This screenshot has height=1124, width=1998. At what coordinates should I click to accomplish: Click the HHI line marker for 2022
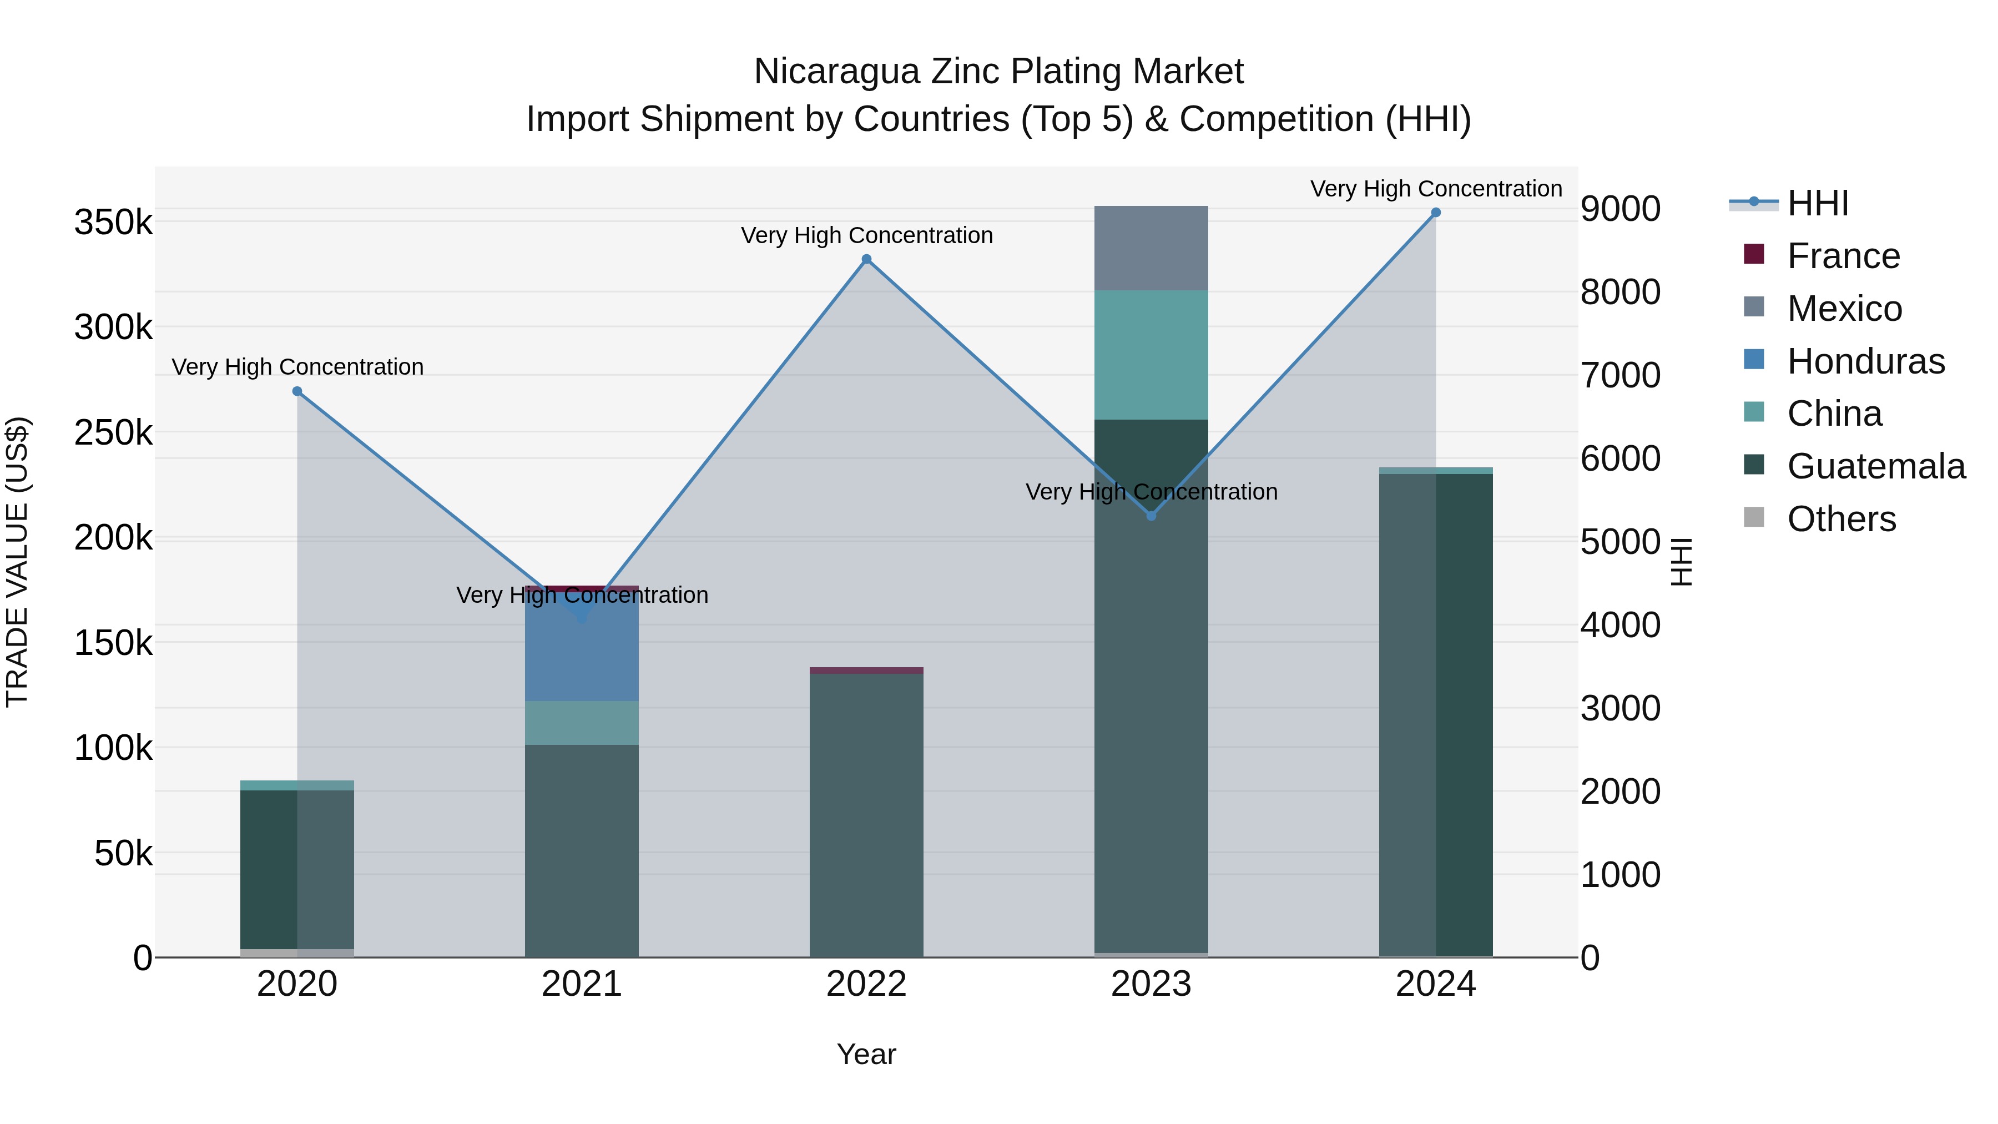point(866,260)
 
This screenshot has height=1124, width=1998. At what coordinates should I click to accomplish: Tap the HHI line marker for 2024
point(1436,213)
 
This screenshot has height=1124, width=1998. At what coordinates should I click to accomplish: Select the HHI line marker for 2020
point(297,392)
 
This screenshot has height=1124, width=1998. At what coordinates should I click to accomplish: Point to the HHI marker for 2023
point(1151,516)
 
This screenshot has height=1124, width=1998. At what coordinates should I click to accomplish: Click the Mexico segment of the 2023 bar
point(1151,248)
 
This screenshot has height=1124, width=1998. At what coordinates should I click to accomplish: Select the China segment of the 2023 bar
point(1151,355)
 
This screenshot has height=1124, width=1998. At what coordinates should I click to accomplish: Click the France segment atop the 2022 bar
point(866,670)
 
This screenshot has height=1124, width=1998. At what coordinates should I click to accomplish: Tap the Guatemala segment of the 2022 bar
point(866,814)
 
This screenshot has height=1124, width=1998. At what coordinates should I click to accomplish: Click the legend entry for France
point(1843,256)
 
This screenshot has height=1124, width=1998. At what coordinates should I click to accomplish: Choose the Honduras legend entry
point(1865,361)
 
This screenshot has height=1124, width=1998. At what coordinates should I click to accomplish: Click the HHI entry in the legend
point(1817,203)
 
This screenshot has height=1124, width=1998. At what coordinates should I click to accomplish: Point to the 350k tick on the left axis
point(113,223)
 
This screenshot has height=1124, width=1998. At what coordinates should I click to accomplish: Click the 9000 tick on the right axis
point(1620,209)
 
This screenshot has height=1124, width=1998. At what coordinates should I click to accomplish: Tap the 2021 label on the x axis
point(582,984)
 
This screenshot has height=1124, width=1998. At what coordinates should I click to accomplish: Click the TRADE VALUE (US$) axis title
point(17,562)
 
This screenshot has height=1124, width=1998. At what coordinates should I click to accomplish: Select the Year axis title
point(866,1054)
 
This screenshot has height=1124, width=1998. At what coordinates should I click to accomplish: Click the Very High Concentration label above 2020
point(297,367)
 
